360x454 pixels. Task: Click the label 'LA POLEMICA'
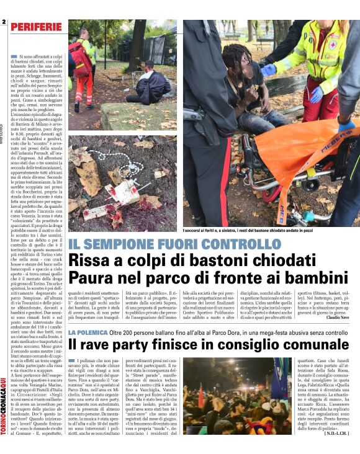point(86,333)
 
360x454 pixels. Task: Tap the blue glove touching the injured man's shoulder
point(268,70)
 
